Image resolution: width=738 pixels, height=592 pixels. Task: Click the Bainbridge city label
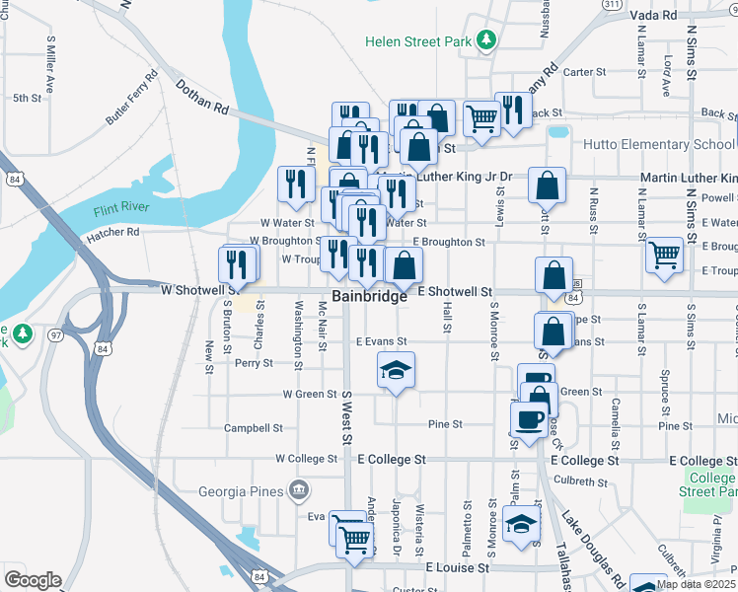[369, 296]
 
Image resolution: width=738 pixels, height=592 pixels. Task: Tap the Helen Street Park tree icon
[485, 40]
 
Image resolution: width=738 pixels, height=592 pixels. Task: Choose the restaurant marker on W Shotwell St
[238, 264]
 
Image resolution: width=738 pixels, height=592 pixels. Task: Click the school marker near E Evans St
[397, 372]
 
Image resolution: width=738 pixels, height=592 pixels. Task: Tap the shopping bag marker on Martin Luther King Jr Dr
[547, 185]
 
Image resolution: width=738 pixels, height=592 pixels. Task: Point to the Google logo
[32, 580]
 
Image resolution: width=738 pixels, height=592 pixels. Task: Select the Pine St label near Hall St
[445, 424]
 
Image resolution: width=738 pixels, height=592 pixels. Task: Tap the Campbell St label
[254, 428]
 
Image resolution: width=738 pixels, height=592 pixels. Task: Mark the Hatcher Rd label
[112, 233]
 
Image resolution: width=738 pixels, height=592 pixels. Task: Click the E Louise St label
[458, 568]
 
